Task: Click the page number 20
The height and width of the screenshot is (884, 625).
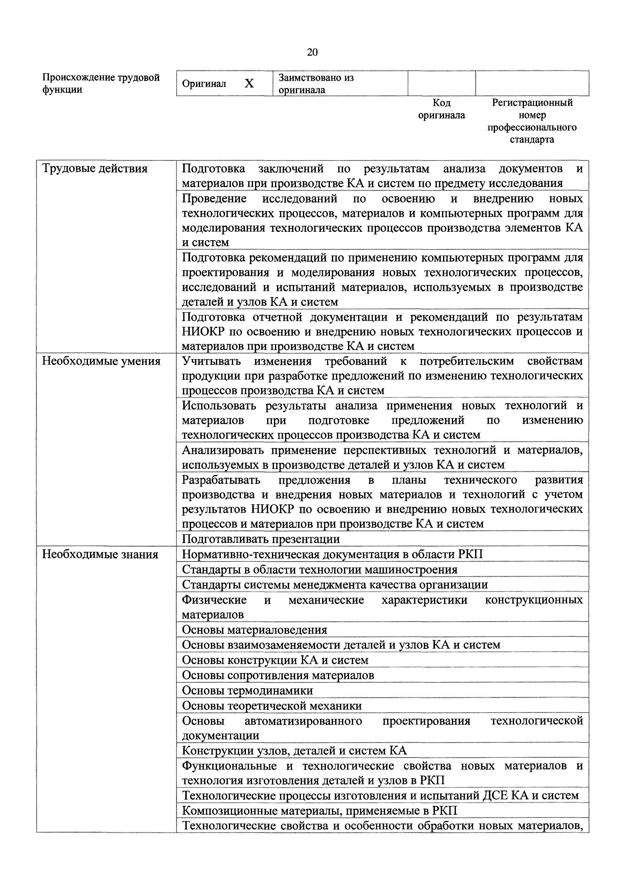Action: [312, 52]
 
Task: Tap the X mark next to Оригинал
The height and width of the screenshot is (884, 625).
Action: [249, 84]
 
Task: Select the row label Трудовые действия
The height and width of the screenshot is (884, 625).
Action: [95, 169]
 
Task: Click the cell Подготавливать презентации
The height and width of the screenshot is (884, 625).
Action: [261, 539]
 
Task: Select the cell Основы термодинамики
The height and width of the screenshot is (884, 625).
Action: [247, 690]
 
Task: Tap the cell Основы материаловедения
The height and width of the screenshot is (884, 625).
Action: [255, 630]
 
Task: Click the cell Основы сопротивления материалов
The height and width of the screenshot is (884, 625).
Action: [278, 675]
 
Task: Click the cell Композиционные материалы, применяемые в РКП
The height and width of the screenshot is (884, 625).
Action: [319, 811]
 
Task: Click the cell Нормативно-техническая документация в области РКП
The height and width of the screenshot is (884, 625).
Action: [332, 554]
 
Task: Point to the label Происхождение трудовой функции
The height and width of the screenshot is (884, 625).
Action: [101, 84]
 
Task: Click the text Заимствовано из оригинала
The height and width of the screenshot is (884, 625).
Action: [316, 84]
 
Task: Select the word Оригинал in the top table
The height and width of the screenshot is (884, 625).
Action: [204, 84]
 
